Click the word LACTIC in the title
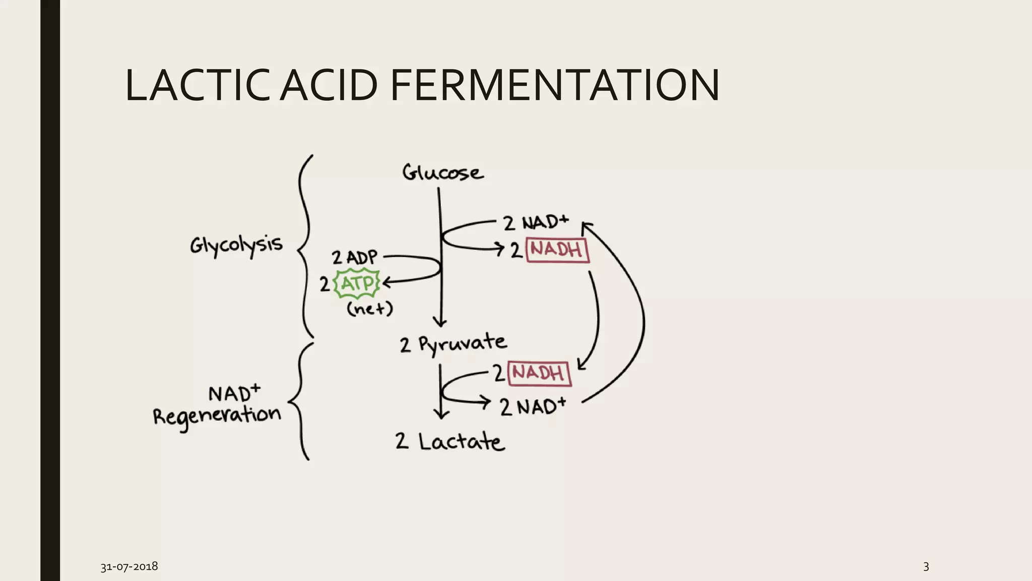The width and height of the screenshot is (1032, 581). tap(197, 85)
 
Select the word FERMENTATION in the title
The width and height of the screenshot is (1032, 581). tap(555, 85)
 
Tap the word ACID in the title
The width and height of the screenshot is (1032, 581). tap(329, 85)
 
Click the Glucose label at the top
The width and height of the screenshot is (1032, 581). tap(442, 172)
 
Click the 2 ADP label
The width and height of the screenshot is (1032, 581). tap(354, 257)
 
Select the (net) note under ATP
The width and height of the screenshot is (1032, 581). tap(369, 308)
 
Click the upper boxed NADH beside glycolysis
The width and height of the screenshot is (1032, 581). tap(557, 249)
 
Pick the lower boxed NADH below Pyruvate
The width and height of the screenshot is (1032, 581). tap(539, 373)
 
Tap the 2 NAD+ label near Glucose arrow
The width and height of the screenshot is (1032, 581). tap(536, 222)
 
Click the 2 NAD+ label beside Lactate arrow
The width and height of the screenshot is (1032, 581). tap(533, 406)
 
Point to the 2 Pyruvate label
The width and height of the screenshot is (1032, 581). tap(453, 344)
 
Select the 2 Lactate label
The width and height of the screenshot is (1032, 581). tap(449, 441)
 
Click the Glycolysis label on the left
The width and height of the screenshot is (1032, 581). tap(236, 246)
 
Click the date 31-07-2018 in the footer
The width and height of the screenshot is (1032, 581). tap(129, 566)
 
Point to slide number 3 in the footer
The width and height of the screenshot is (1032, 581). tap(926, 566)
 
